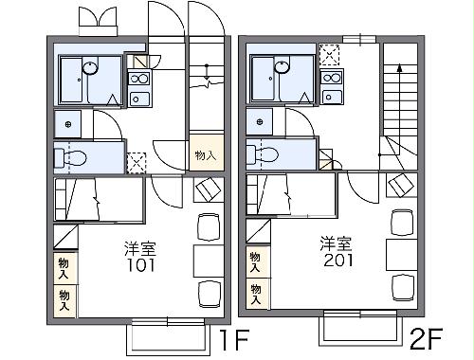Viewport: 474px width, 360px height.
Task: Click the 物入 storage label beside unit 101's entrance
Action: coord(206,154)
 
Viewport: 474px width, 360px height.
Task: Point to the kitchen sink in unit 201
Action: coord(331,79)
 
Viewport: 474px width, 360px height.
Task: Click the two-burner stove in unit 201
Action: coord(331,98)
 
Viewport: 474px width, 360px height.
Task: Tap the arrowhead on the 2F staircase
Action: coord(399,67)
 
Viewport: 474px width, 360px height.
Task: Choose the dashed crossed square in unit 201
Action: coord(330,54)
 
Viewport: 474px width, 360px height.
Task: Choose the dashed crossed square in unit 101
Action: coord(137,162)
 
